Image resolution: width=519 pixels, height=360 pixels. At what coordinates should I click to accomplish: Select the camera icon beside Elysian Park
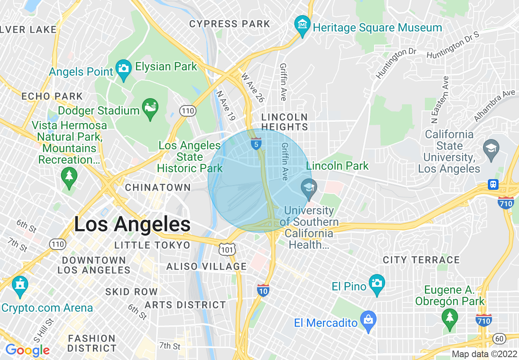(x=123, y=67)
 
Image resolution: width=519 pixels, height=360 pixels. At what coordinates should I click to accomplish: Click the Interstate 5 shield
(x=256, y=144)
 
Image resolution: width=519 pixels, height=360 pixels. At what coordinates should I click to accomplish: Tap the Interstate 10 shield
(x=263, y=290)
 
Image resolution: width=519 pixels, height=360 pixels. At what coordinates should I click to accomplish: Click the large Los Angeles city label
(x=132, y=224)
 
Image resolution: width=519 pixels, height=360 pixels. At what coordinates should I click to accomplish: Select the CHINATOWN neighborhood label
(x=158, y=188)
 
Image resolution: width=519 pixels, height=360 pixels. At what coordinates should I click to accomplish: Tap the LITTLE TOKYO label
(x=152, y=245)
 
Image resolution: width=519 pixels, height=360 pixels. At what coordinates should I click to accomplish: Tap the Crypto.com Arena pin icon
(x=19, y=286)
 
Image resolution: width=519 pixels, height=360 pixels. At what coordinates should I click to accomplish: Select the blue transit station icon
(x=494, y=184)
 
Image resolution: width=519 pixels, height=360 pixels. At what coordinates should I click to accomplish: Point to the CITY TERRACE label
(x=421, y=260)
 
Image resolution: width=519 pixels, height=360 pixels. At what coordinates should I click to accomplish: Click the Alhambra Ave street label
(x=494, y=106)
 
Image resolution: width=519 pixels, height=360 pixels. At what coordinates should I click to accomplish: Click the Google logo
(x=27, y=350)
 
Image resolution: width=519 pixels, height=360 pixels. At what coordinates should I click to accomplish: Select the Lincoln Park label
(x=337, y=166)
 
